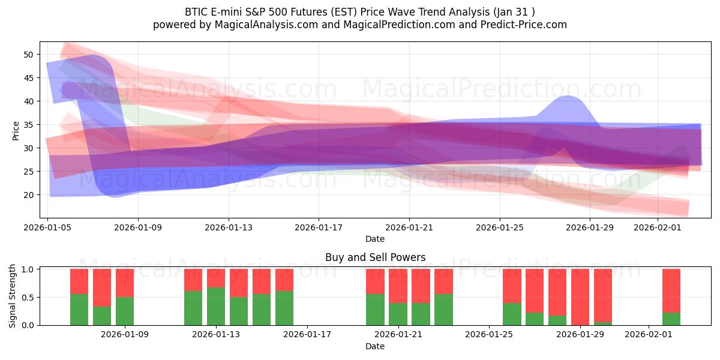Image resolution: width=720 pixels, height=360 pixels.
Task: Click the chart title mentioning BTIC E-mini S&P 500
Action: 359,11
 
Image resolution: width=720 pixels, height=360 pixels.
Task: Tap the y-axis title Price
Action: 16,130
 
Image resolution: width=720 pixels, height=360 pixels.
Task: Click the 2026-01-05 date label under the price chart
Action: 48,227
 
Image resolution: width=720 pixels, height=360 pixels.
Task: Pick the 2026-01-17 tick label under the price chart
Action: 319,227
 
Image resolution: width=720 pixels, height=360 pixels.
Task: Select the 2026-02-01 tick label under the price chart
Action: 658,227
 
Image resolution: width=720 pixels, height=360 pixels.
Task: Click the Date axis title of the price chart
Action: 375,239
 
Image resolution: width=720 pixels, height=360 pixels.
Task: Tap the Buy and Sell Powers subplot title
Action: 375,257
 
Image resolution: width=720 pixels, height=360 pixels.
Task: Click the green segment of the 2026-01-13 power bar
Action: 216,306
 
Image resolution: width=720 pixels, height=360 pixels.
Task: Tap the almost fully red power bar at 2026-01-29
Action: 580,296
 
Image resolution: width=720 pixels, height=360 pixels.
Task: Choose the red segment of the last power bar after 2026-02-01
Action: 671,290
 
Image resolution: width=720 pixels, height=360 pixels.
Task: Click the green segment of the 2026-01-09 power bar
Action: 125,311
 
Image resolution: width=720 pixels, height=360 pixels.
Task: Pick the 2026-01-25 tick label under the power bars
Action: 489,335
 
